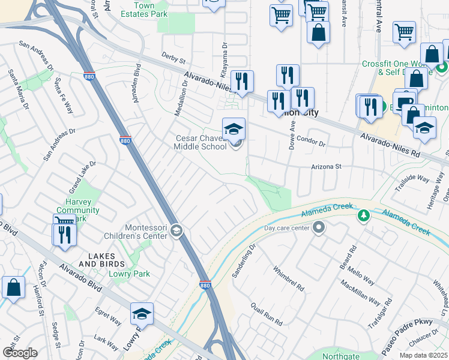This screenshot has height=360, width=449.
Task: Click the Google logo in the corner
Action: [20, 353]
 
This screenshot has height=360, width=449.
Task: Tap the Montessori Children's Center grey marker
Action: [176, 230]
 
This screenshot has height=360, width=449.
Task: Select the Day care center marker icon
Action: [319, 228]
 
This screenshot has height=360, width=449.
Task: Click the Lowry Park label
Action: [129, 274]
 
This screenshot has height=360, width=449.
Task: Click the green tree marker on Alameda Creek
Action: [363, 215]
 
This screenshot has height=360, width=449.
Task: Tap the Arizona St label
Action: [325, 167]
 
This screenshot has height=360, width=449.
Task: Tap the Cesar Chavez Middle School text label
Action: [200, 142]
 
